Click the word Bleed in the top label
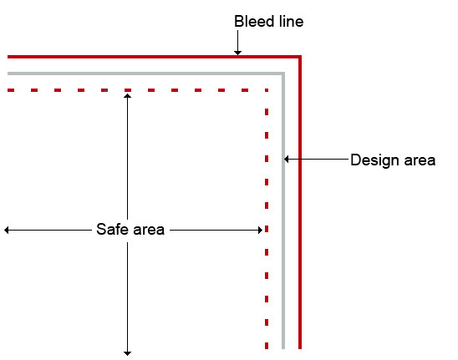tap(254, 22)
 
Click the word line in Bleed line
tap(291, 22)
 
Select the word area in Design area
tap(420, 160)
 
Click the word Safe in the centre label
tap(112, 229)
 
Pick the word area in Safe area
tap(149, 230)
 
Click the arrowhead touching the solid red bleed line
tap(237, 53)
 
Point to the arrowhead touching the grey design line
tap(287, 160)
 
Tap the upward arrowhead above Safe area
tap(127, 96)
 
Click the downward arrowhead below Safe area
tap(127, 353)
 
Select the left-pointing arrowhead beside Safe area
tap(7, 230)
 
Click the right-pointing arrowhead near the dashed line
tap(260, 230)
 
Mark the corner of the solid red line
tap(300, 57)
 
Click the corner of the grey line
tap(283, 74)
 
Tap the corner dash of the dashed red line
tap(267, 90)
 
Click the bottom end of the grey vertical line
tap(283, 348)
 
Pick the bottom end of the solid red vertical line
tap(300, 348)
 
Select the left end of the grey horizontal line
tap(8, 74)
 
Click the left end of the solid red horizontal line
tap(8, 57)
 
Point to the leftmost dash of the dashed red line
tap(11, 90)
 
